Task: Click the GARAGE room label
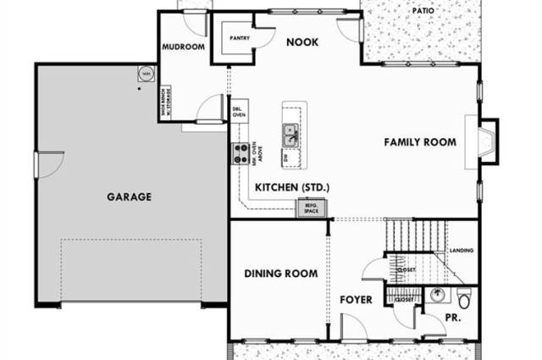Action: pos(129,197)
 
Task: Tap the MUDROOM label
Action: pos(183,47)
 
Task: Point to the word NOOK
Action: pos(301,42)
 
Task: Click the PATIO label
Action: pos(423,10)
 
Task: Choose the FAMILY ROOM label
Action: pos(420,141)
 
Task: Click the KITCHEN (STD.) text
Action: pos(291,186)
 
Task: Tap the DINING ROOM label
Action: pos(280,273)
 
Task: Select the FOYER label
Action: pos(357,300)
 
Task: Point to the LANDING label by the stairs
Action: pos(462,251)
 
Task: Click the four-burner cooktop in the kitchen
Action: pos(241,152)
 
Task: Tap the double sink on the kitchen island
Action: pos(290,134)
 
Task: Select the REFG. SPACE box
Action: pos(305,207)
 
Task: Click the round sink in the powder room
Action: pos(436,296)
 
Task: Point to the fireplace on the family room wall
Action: pos(489,141)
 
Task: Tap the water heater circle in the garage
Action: pos(146,75)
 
